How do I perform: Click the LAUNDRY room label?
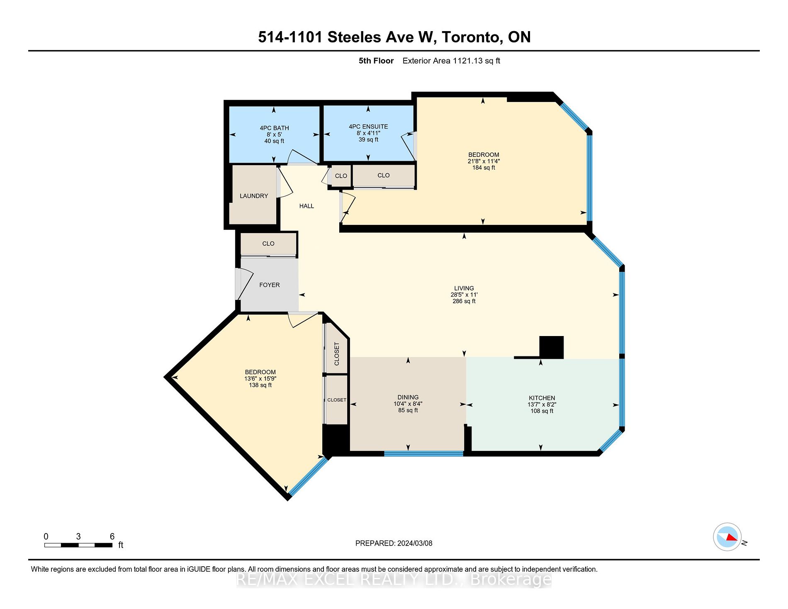click(254, 196)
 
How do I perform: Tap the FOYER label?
click(270, 285)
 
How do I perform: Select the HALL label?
click(306, 206)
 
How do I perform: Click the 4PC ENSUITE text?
click(368, 127)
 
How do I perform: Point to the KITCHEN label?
click(542, 398)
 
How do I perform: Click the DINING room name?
click(408, 397)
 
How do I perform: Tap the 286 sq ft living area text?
click(464, 301)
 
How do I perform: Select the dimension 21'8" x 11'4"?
click(484, 161)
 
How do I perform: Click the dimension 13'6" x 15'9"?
click(260, 378)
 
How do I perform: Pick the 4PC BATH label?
click(274, 128)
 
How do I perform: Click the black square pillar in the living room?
click(551, 347)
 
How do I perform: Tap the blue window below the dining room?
click(423, 453)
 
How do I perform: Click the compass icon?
click(727, 537)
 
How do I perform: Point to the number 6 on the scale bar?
click(112, 536)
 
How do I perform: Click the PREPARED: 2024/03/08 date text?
click(394, 543)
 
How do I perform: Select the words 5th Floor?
click(376, 61)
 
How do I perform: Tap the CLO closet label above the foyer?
click(268, 244)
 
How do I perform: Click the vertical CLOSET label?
click(336, 353)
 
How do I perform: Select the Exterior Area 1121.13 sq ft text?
click(451, 61)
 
